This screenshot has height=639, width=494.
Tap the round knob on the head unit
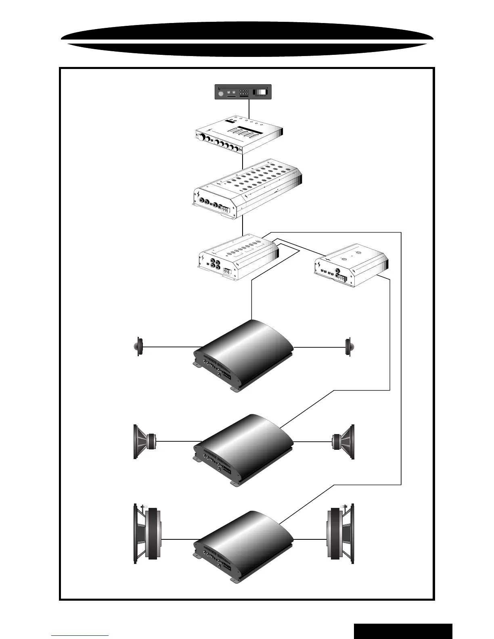pos(220,94)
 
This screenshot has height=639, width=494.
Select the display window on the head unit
pos(260,92)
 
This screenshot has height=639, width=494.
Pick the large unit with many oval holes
pos(247,190)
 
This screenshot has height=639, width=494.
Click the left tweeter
pos(138,347)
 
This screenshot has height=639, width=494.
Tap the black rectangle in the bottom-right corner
pos(403,631)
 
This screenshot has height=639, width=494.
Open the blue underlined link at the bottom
pos(80,635)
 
